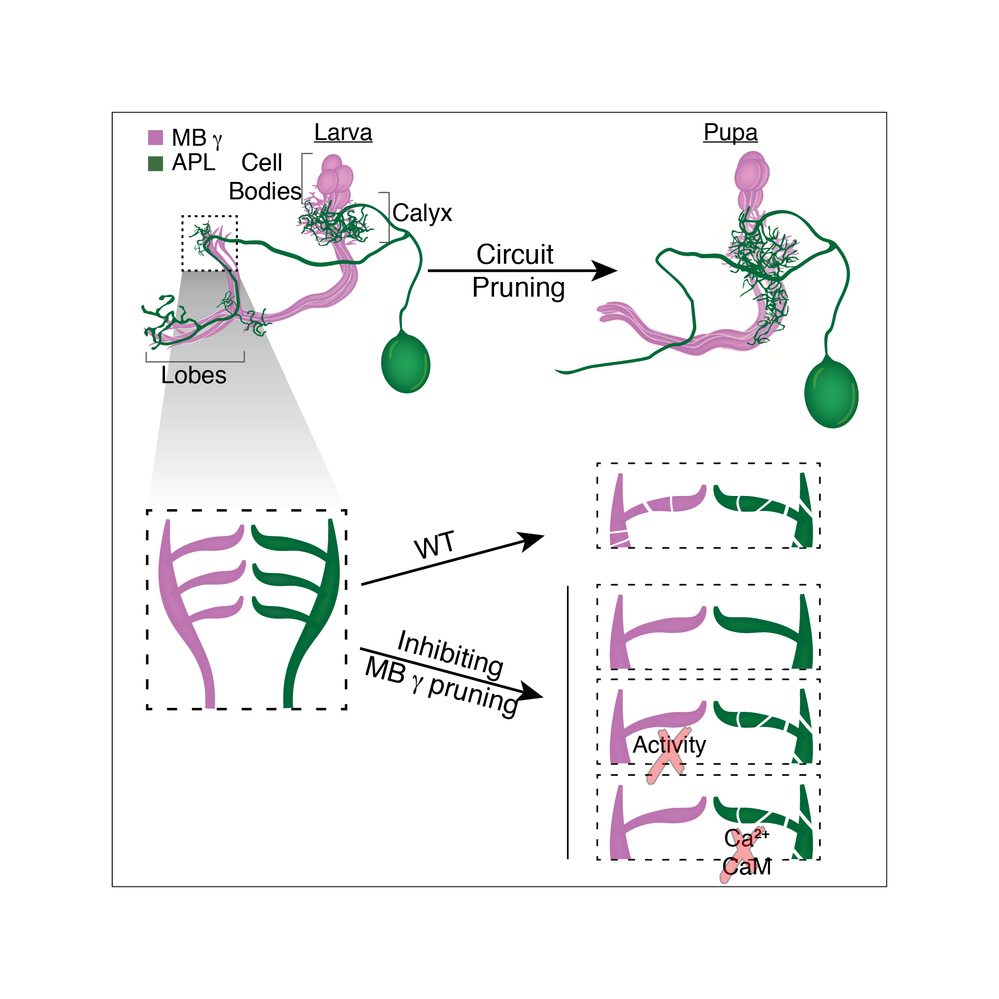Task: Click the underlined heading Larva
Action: pos(343,133)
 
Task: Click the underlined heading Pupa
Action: pos(730,133)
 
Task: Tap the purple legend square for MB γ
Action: pos(156,138)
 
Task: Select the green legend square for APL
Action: pos(156,164)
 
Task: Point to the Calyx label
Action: pos(422,213)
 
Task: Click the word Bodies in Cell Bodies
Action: pos(265,191)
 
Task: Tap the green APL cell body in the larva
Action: pos(405,363)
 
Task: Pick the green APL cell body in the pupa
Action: pos(831,394)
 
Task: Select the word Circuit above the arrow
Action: pos(514,254)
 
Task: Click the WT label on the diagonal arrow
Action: pos(434,545)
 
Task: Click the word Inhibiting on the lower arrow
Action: pos(450,653)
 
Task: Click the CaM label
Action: pos(747,866)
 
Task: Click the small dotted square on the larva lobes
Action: pos(209,243)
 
